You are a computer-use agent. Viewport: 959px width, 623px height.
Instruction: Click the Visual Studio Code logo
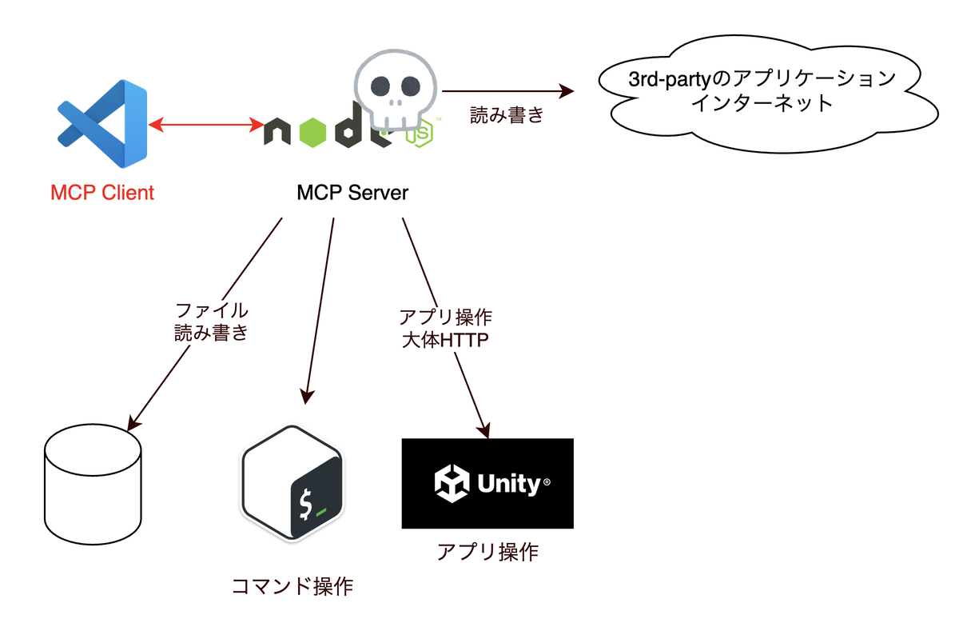point(102,123)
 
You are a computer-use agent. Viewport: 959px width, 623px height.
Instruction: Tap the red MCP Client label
point(102,193)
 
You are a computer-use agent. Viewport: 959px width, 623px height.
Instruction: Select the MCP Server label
point(352,193)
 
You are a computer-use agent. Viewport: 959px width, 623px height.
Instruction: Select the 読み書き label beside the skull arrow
point(507,115)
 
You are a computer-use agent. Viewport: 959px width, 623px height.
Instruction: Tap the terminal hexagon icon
point(292,484)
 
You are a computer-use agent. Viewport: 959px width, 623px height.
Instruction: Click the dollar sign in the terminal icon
point(304,504)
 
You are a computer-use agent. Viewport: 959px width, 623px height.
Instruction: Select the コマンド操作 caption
point(292,586)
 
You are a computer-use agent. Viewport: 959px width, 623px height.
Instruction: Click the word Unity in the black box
point(509,483)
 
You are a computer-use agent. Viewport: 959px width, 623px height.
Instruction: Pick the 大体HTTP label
point(444,339)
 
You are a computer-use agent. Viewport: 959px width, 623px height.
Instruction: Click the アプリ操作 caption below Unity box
point(487,552)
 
